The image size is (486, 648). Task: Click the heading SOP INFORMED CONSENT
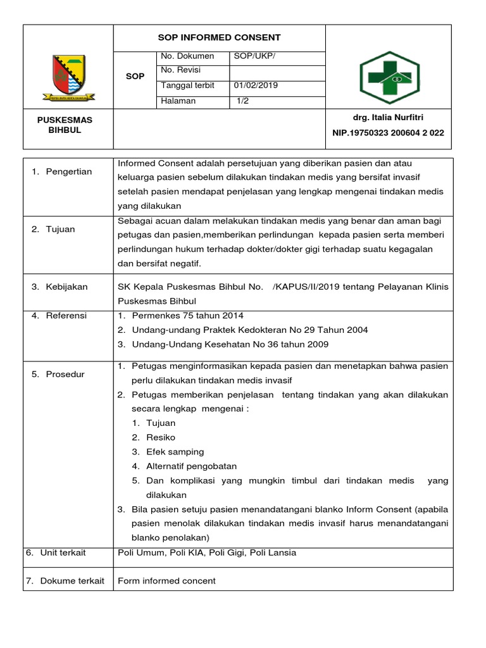tap(218, 38)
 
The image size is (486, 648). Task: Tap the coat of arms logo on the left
tap(68, 78)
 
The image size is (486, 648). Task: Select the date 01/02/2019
tap(256, 85)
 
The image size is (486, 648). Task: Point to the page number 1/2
tap(242, 101)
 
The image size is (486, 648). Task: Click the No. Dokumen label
tap(188, 56)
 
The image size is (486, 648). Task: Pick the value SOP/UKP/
tap(254, 56)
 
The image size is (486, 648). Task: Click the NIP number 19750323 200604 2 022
tap(388, 133)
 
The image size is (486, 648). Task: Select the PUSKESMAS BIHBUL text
tap(65, 125)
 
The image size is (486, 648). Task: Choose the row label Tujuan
tap(60, 229)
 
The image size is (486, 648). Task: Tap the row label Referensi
tap(66, 315)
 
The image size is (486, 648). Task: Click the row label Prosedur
tap(65, 374)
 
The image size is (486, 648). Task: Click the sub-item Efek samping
tap(175, 452)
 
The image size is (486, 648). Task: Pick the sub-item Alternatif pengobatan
tap(191, 466)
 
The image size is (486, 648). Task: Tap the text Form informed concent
tap(167, 580)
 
